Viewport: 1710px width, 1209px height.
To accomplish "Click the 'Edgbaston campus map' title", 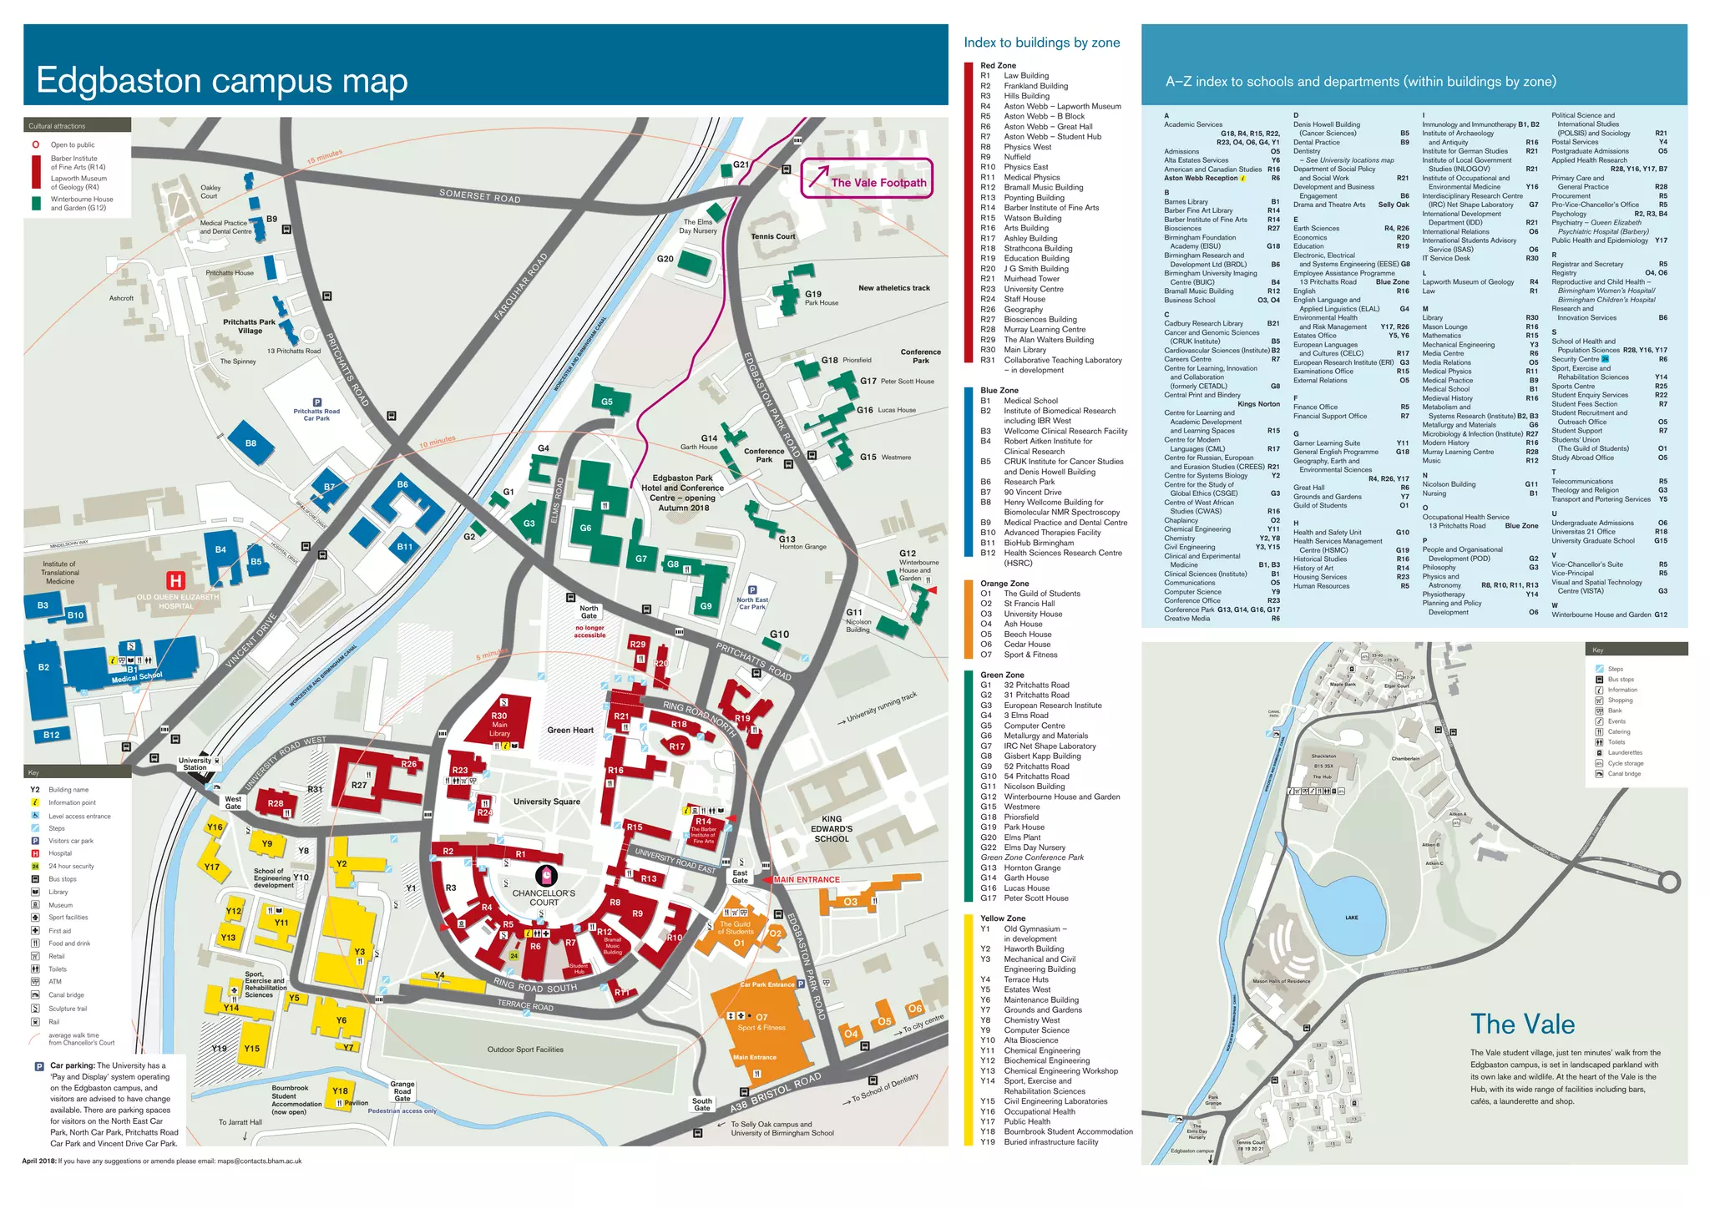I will [x=221, y=81].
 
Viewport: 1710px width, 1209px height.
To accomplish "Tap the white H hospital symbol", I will [x=175, y=580].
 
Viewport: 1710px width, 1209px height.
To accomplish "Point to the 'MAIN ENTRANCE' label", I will [x=806, y=879].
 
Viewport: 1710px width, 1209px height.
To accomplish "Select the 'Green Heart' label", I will [x=570, y=730].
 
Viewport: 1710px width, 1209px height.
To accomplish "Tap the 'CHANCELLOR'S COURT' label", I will [x=544, y=897].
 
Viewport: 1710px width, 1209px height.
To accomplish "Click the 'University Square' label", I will [x=546, y=802].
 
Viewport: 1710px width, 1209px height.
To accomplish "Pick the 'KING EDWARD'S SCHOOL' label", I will [x=831, y=828].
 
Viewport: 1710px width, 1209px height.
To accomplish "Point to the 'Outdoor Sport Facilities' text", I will [x=525, y=1050].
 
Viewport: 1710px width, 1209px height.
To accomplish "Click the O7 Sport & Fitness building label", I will [x=761, y=1022].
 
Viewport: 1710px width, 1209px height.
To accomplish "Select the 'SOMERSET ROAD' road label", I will [x=479, y=196].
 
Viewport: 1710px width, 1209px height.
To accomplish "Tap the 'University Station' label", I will [x=195, y=763].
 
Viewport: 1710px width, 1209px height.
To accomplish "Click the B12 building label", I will [x=51, y=735].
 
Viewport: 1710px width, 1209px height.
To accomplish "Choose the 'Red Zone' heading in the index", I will [x=998, y=65].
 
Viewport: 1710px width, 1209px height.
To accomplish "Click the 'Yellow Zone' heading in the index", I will [x=1002, y=918].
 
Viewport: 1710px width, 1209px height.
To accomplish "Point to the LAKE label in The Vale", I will [x=1351, y=918].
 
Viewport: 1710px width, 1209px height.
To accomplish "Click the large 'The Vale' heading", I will [x=1522, y=1024].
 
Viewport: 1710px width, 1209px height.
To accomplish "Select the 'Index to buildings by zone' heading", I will [x=1041, y=43].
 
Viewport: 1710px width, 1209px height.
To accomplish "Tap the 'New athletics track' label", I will [x=893, y=288].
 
